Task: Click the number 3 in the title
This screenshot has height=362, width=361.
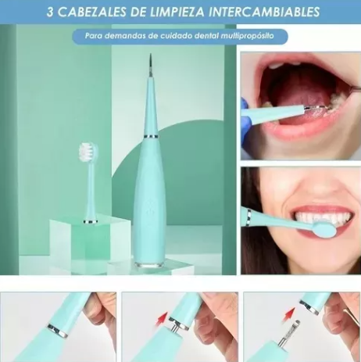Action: (x=50, y=12)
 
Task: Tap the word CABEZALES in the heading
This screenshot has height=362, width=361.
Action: (x=87, y=12)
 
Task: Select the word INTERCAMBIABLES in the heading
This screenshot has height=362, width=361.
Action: (x=266, y=12)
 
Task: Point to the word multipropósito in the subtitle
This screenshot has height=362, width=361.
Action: (x=247, y=36)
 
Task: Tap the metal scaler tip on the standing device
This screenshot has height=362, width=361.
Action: (x=150, y=66)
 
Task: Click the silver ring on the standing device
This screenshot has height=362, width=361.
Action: (x=151, y=136)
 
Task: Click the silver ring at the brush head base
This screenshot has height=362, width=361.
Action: (x=91, y=222)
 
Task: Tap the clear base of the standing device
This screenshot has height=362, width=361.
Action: (x=148, y=265)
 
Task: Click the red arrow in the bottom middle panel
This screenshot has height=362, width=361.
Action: (x=161, y=319)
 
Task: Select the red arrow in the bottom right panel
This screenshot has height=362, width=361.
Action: (x=291, y=314)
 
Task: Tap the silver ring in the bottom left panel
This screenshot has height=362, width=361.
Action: (x=58, y=331)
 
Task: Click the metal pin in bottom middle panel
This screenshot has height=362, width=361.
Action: (x=173, y=328)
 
